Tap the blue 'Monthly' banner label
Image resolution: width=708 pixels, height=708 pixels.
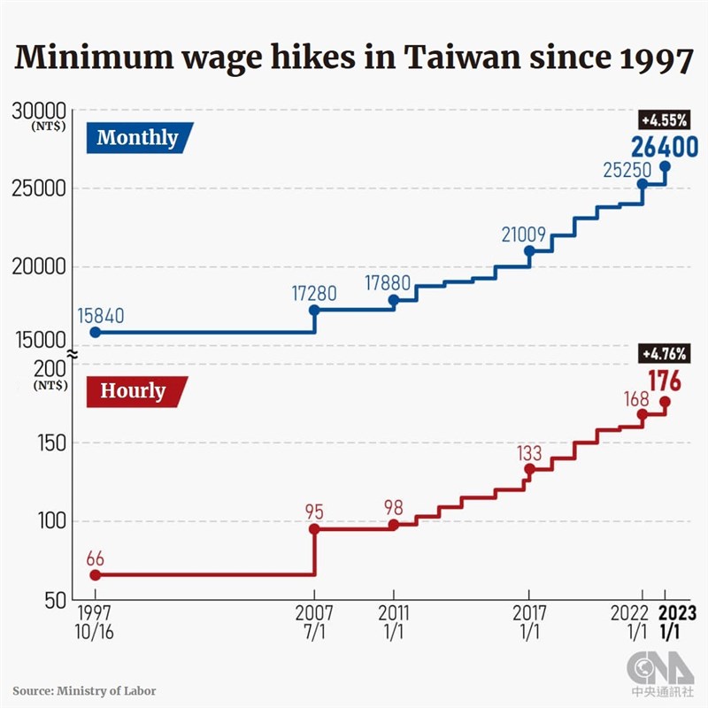(x=137, y=138)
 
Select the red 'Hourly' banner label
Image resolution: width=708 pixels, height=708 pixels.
(x=134, y=391)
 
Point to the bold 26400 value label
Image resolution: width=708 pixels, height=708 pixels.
(x=664, y=147)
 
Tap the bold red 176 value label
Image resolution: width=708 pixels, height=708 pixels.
(x=664, y=381)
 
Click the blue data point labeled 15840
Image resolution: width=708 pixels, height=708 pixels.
(x=95, y=332)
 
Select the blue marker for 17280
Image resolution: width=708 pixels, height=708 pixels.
(x=314, y=311)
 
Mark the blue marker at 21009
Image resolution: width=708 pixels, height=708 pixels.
(x=529, y=251)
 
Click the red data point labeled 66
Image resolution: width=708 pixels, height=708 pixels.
(x=95, y=574)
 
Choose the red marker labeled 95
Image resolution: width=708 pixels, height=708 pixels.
(x=314, y=529)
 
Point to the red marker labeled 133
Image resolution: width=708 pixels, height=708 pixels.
(x=529, y=469)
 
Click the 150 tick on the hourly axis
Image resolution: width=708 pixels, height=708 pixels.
(x=51, y=443)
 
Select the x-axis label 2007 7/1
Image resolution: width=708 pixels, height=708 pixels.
(x=314, y=621)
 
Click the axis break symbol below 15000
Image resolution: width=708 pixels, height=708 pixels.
(x=73, y=354)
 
